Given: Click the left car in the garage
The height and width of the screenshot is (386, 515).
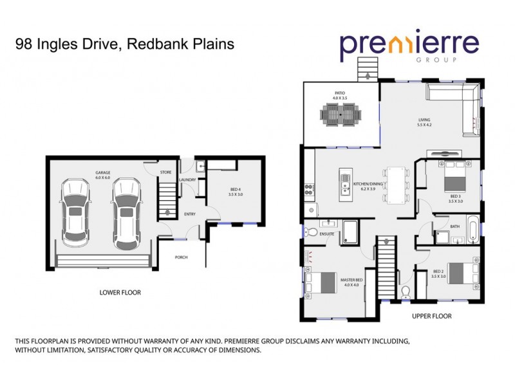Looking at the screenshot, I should [75, 212].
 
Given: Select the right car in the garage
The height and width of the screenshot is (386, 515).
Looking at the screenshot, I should [126, 212].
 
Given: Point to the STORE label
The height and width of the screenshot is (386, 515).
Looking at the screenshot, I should [165, 172].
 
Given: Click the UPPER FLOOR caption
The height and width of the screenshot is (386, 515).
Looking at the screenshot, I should [431, 317].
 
